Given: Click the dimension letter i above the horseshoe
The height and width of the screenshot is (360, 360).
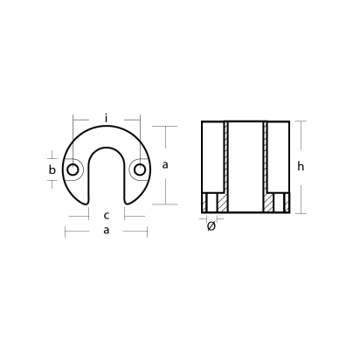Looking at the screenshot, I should click(106, 115).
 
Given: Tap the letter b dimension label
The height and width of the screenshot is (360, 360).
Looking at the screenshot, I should click(52, 169).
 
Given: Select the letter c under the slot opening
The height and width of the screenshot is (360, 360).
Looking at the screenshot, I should click(106, 215).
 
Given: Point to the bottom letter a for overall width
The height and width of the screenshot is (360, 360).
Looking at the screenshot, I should click(106, 231).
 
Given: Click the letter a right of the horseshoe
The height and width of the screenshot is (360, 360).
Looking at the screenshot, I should click(164, 164).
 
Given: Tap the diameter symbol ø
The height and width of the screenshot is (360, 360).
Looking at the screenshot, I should click(211, 226).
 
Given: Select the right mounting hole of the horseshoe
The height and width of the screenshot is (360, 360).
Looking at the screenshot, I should click(138, 169).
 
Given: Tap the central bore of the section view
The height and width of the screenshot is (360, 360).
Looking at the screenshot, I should click(246, 166).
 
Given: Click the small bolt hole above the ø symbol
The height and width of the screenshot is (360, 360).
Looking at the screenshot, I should click(211, 204).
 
